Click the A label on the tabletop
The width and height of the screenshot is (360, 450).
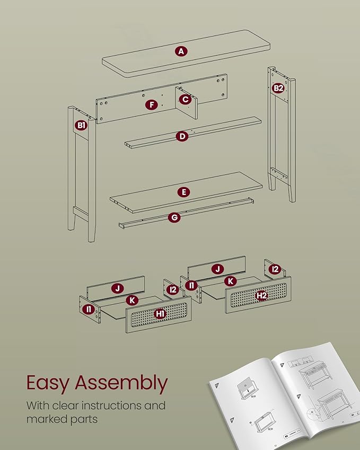pos(181,51)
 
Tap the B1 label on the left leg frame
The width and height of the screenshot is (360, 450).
pos(82,126)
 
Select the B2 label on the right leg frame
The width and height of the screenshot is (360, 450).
pos(278,88)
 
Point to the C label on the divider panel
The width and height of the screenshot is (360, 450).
pos(185,99)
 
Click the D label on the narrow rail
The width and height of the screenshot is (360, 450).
pos(182,136)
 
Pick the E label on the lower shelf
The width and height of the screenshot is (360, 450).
pos(184,192)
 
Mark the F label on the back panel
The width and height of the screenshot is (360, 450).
pos(152,105)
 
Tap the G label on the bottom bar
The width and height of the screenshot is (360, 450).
pos(174,217)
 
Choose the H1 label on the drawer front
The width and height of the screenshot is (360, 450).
pos(160,314)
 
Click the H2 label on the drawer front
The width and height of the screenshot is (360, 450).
pos(262,295)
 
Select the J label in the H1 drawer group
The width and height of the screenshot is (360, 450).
pos(117,288)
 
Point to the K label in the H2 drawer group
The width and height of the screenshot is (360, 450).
pos(231,281)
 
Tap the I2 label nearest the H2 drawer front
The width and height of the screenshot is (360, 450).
pos(275,269)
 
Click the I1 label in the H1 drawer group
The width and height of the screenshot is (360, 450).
pos(89,309)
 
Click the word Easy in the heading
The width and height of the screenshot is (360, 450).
pos(48,383)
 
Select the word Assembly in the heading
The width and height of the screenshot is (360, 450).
pos(121,383)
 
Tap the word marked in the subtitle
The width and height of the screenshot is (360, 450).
pos(43,419)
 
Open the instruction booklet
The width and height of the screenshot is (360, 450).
pos(285,396)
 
